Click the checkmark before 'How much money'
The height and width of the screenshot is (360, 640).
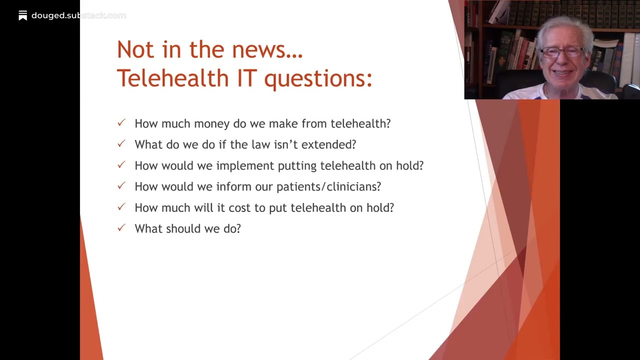click(x=121, y=122)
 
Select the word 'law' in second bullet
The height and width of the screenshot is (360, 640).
click(x=261, y=144)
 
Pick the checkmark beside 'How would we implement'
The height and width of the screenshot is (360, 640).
click(x=121, y=164)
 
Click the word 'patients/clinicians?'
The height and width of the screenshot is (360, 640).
click(x=328, y=187)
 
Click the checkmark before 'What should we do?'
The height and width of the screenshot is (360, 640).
click(x=121, y=227)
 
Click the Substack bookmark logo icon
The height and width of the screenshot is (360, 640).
click(x=22, y=15)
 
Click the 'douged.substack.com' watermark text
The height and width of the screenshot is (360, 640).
click(x=78, y=15)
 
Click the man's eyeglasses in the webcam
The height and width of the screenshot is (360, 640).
click(x=562, y=52)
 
